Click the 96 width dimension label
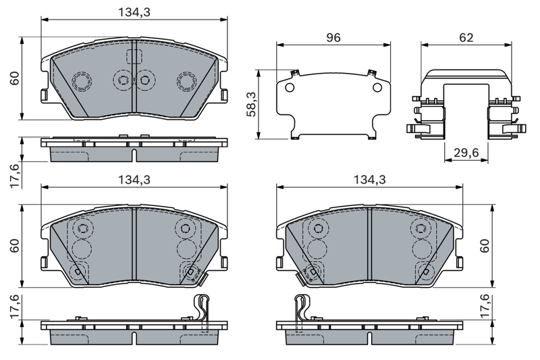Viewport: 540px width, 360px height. (x=333, y=38)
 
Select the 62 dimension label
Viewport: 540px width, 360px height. (x=466, y=38)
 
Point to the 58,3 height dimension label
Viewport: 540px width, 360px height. (x=252, y=104)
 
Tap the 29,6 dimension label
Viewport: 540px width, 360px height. (x=466, y=152)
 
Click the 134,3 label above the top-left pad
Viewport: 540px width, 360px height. (x=134, y=12)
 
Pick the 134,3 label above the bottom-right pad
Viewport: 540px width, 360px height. (x=370, y=179)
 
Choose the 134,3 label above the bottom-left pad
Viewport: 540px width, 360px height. (x=134, y=179)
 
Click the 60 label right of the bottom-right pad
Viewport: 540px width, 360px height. (x=485, y=246)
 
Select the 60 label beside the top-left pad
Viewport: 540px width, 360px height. (x=14, y=78)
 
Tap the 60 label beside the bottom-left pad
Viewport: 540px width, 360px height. (x=14, y=246)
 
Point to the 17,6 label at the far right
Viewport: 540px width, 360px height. (x=485, y=306)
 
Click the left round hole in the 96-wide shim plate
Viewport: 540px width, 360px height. (x=290, y=88)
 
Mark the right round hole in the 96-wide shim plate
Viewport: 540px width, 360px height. (x=377, y=88)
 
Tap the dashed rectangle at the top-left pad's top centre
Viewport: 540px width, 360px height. (x=134, y=57)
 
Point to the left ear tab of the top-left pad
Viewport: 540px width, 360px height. (x=44, y=94)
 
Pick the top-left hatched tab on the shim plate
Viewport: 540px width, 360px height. (x=295, y=73)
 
